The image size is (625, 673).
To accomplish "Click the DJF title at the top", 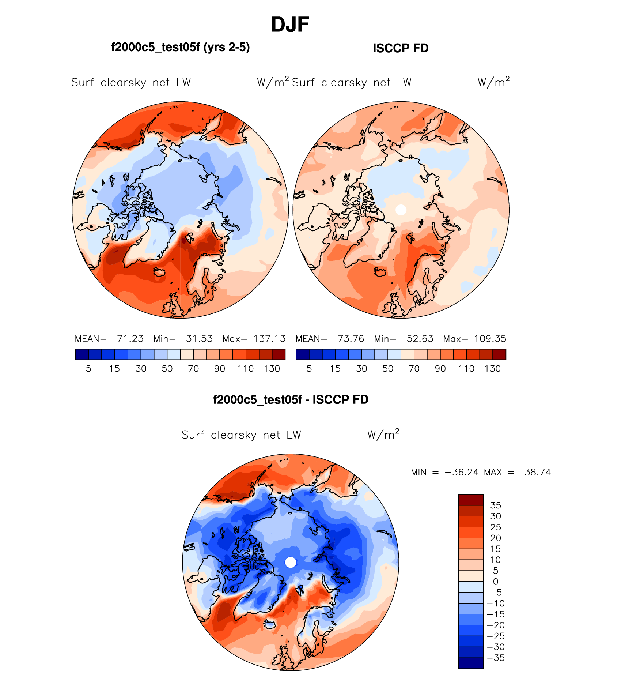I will point(290,25).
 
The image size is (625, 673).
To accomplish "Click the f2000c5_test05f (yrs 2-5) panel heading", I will point(180,48).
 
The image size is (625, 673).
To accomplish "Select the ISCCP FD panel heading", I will point(401,48).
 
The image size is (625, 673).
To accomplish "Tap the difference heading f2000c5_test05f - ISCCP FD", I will point(291,399).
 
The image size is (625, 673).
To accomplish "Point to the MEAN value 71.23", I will point(130,339).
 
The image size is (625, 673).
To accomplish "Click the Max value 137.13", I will point(269,339).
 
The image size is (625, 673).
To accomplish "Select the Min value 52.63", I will point(420,339).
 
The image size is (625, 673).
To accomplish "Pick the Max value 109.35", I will point(490,339).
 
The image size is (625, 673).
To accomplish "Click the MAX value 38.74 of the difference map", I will point(537,472).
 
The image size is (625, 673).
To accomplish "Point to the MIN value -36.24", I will point(461,472).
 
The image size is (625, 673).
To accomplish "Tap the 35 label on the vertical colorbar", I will point(495,505).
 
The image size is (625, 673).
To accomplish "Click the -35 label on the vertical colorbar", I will point(496,658).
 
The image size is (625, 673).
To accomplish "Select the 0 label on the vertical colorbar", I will point(495,582).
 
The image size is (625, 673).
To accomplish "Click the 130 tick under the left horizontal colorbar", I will point(272,369).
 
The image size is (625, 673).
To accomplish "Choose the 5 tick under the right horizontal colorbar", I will point(309,369).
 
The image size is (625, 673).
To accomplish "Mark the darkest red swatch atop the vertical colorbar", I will point(471,500).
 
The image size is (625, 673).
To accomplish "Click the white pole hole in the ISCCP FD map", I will point(401,210).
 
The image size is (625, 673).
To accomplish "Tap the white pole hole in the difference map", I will point(291,562).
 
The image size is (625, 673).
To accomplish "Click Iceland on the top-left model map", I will point(159,272).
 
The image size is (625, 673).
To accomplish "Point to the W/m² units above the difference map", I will point(383,434).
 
